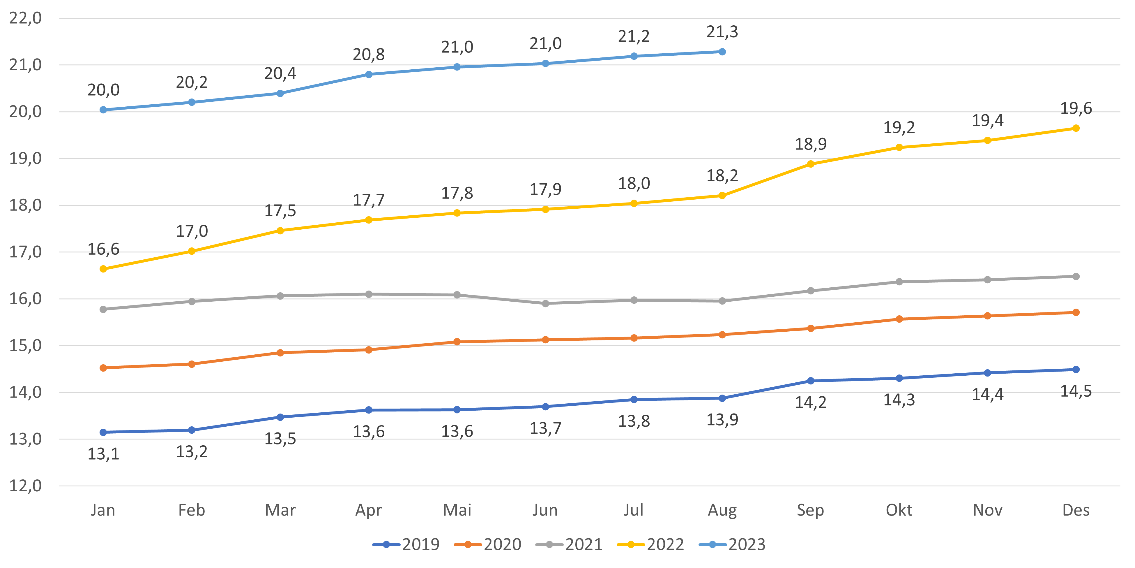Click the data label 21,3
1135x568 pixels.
click(x=722, y=32)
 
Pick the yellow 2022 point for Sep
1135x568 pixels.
click(x=811, y=163)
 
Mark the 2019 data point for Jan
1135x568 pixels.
click(x=103, y=432)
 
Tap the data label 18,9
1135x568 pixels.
click(x=811, y=144)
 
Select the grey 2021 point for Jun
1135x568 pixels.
click(x=545, y=303)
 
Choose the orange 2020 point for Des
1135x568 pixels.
click(x=1076, y=312)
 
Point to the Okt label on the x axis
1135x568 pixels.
click(x=899, y=510)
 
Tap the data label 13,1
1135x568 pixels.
click(x=103, y=454)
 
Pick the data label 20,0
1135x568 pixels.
click(x=103, y=90)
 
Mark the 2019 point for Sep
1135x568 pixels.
click(x=811, y=381)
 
